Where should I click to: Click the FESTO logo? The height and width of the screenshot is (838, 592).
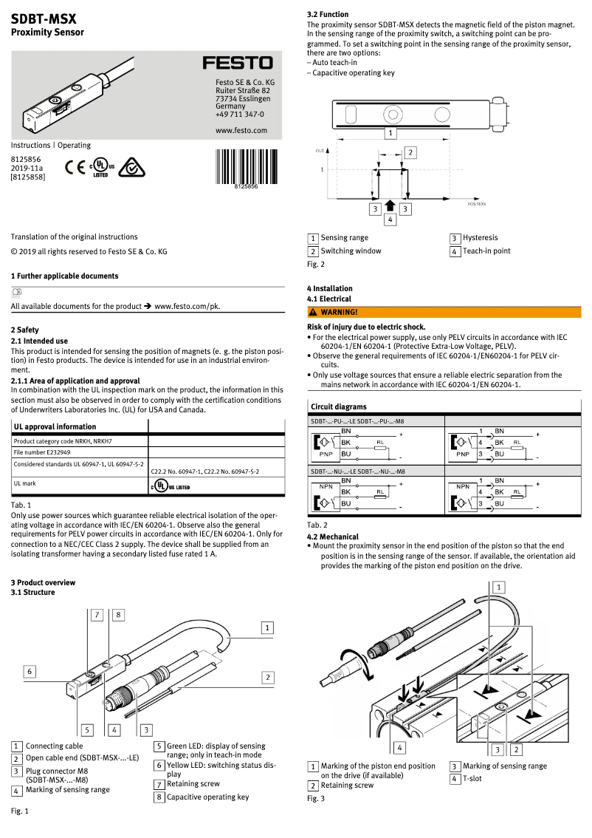(x=238, y=63)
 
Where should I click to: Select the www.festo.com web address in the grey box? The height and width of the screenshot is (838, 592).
(x=241, y=130)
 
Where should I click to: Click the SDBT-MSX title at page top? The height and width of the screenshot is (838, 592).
(x=44, y=19)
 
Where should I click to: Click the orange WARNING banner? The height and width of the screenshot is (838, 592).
(x=444, y=312)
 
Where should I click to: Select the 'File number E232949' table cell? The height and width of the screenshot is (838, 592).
(x=42, y=452)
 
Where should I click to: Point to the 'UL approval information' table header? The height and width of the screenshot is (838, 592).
(x=55, y=426)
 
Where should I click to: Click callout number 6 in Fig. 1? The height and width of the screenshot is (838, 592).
(x=29, y=671)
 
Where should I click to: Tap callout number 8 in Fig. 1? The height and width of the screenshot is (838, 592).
(x=117, y=614)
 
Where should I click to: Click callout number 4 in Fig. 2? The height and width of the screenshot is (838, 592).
(x=390, y=219)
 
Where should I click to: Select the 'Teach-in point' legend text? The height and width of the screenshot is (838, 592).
(x=486, y=251)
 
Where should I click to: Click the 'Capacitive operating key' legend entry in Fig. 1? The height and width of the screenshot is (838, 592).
(x=207, y=797)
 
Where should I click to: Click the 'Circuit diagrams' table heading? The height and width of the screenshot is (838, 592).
(x=338, y=406)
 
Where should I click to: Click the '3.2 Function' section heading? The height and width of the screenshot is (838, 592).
(x=328, y=14)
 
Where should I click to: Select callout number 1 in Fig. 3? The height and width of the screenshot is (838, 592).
(x=499, y=587)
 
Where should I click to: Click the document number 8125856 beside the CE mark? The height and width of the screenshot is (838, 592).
(x=26, y=159)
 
